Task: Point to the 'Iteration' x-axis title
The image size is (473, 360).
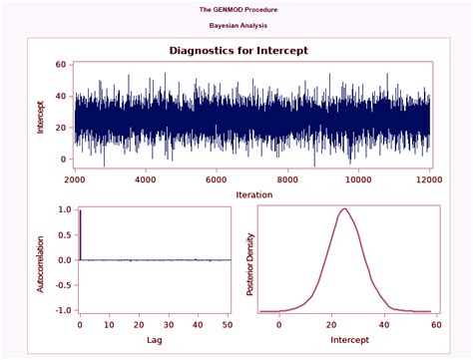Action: (x=253, y=193)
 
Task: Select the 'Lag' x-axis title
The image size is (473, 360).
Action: (x=155, y=340)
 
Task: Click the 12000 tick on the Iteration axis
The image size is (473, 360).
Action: (x=430, y=180)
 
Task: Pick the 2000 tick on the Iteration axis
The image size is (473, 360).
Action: (x=76, y=180)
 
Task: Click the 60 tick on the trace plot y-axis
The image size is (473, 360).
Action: (x=61, y=64)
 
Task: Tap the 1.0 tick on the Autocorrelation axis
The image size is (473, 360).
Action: (x=63, y=210)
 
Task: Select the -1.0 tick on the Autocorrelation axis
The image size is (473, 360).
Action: (x=62, y=310)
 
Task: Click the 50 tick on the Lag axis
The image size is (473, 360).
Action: (x=228, y=325)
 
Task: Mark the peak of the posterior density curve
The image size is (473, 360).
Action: (x=344, y=208)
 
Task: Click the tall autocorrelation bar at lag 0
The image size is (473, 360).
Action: (x=79, y=235)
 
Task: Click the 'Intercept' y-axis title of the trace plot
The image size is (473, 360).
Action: (x=41, y=116)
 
